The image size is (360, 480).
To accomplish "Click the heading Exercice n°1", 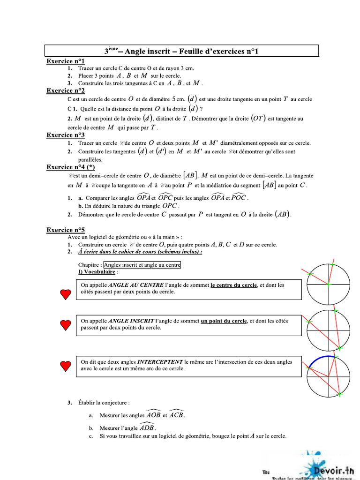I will [x=66, y=61].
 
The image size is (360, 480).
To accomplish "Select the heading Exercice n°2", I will [x=66, y=90].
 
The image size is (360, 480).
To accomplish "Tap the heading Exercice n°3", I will [x=66, y=135].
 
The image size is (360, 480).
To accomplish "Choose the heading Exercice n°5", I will [x=66, y=230].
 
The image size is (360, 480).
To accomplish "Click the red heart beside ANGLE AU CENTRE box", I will [x=66, y=294].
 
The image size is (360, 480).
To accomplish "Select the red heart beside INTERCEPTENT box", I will [x=66, y=365].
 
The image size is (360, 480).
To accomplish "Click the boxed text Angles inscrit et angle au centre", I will [x=142, y=265].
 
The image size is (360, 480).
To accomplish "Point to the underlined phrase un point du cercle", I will [x=224, y=321].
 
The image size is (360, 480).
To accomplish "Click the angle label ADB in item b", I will [x=147, y=428].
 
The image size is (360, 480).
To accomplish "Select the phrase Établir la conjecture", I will [x=104, y=403].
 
